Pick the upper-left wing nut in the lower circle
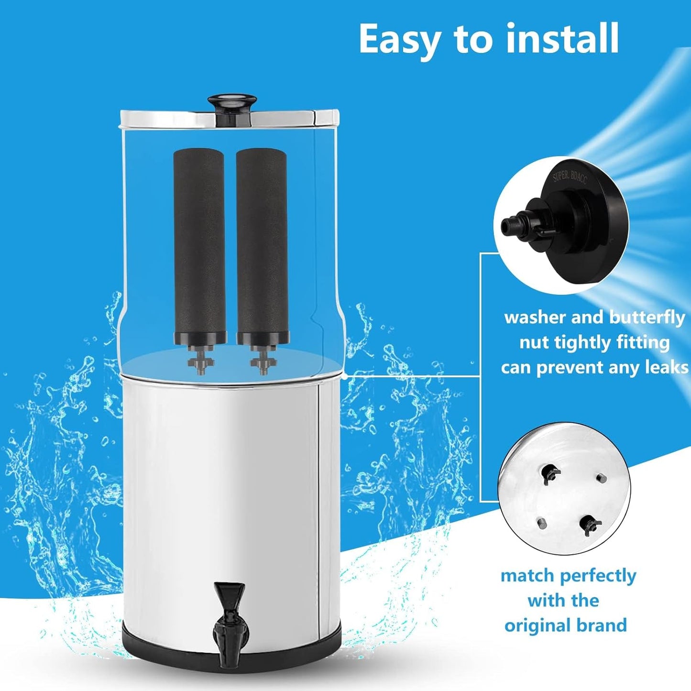550,473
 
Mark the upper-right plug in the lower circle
601,477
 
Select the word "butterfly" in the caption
647,318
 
